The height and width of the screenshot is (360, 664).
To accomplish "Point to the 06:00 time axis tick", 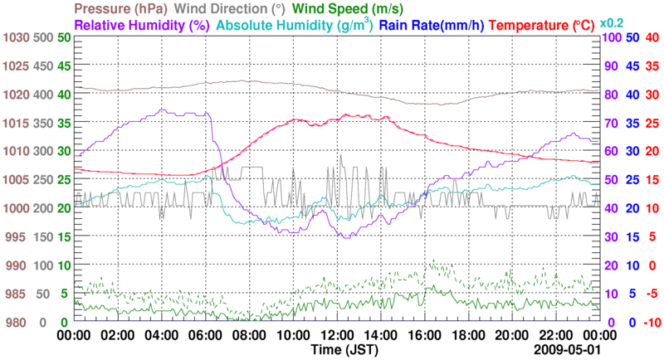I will tap(206, 335).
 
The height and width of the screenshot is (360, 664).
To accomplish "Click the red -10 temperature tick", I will tap(652, 322).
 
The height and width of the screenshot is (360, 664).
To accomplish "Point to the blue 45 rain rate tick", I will tap(632, 66).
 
